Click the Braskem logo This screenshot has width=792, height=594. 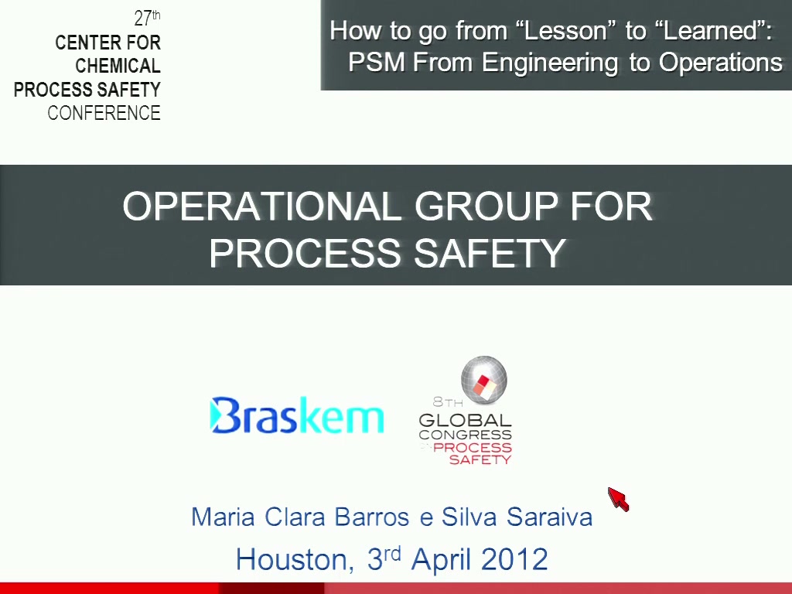pyautogui.click(x=296, y=415)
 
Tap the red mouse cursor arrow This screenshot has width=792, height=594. pyautogui.click(x=618, y=499)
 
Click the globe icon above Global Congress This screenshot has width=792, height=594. pyautogui.click(x=484, y=380)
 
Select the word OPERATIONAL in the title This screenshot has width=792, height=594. pyautogui.click(x=262, y=206)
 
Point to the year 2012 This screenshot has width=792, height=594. pyautogui.click(x=514, y=559)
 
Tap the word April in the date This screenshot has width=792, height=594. pyautogui.click(x=442, y=560)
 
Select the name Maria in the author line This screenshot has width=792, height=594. pyautogui.click(x=223, y=517)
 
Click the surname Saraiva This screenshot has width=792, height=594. pyautogui.click(x=550, y=517)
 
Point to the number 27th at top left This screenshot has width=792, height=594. pyautogui.click(x=147, y=18)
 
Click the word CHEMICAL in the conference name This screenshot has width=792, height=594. pyautogui.click(x=118, y=66)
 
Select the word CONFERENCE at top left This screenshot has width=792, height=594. pyautogui.click(x=104, y=113)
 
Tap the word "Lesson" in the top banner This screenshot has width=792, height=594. pyautogui.click(x=565, y=30)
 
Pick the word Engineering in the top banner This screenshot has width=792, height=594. pyautogui.click(x=550, y=63)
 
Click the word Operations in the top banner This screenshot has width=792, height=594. pyautogui.click(x=721, y=63)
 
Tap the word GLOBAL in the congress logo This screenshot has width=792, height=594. pyautogui.click(x=465, y=420)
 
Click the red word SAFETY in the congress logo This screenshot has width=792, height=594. pyautogui.click(x=480, y=459)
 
